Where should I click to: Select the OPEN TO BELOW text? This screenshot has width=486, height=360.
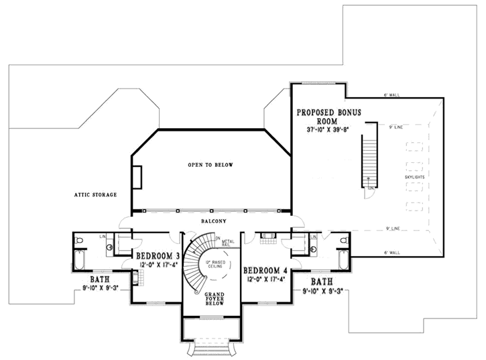tap(210, 164)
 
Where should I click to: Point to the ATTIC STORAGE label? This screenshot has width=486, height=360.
tap(96, 195)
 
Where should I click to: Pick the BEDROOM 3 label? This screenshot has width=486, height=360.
tap(158, 256)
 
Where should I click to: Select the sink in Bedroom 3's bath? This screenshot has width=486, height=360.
tap(109, 247)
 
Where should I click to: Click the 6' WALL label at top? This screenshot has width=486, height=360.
tap(391, 95)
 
